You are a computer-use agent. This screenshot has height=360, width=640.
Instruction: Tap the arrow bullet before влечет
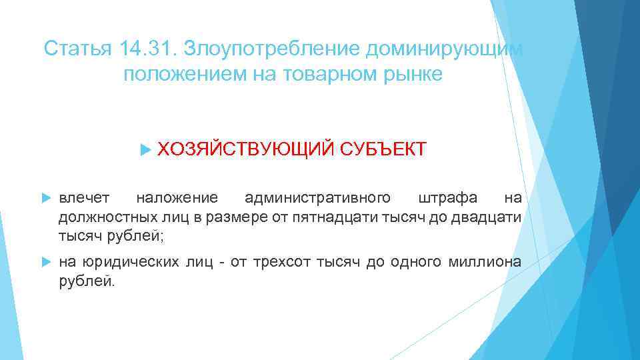click(46, 198)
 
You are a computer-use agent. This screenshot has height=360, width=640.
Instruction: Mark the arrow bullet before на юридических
click(46, 262)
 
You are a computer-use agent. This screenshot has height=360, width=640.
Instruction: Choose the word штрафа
click(447, 198)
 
